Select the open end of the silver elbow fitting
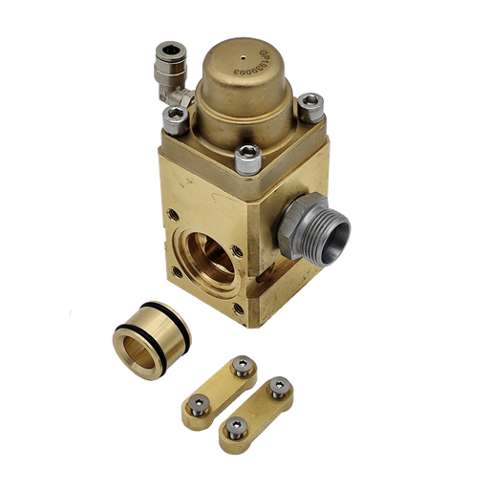[171, 52]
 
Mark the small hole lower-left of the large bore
[176, 272]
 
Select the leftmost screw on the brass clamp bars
[197, 402]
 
